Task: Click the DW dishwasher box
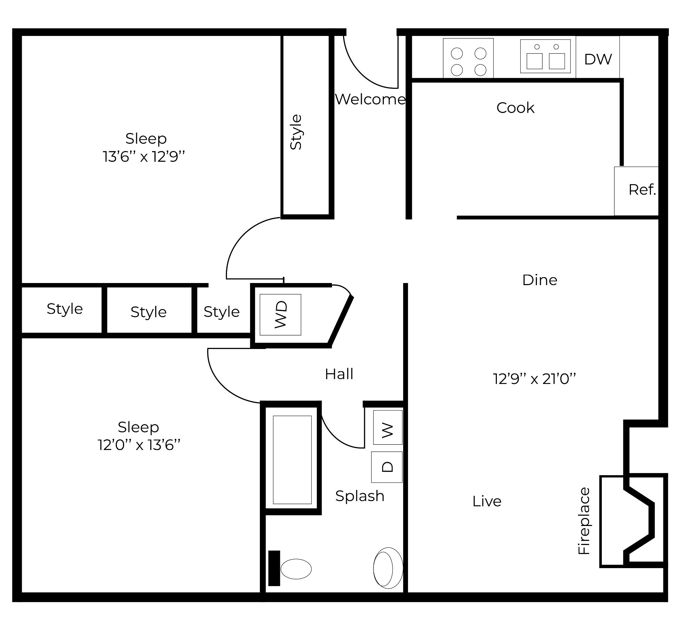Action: (598, 58)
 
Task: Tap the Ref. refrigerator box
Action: (636, 191)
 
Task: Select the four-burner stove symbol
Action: (468, 58)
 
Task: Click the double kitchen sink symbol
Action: (545, 56)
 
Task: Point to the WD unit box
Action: (280, 314)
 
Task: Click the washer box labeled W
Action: (388, 427)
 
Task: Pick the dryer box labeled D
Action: (387, 467)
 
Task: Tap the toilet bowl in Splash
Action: (296, 569)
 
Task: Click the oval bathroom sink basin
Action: (388, 568)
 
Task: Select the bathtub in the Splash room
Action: (292, 460)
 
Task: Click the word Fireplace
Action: (584, 521)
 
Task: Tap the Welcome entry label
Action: (370, 100)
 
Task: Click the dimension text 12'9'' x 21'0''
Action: (534, 379)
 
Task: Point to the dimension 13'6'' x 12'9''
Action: (144, 157)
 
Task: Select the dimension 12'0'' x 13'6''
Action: (139, 445)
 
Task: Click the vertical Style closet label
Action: (296, 132)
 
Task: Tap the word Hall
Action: (339, 374)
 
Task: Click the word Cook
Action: (515, 108)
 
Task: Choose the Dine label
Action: (540, 280)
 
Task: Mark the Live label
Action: (487, 501)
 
